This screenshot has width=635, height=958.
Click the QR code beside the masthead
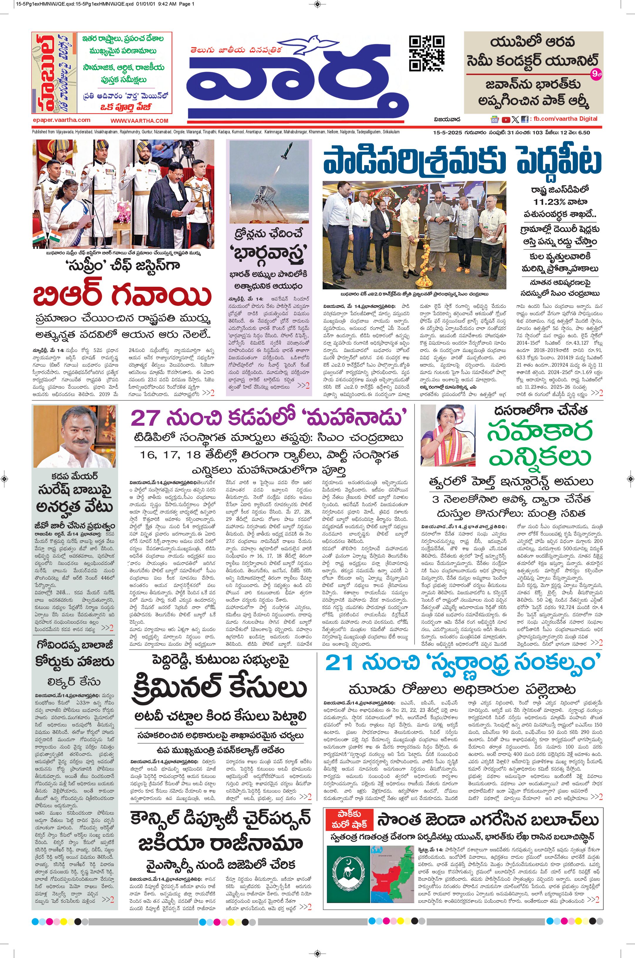(x=427, y=53)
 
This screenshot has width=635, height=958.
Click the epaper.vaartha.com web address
(x=62, y=120)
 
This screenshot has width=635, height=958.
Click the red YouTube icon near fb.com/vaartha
(x=506, y=120)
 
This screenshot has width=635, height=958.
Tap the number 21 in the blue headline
(x=339, y=663)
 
